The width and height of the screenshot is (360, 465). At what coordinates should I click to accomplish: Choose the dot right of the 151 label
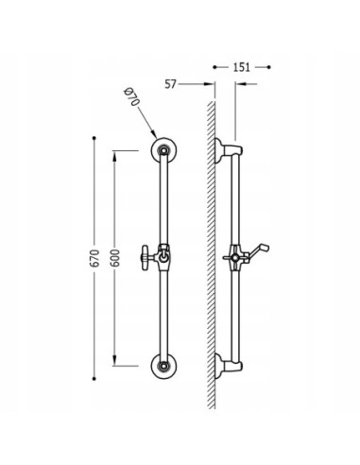(x=269, y=67)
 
